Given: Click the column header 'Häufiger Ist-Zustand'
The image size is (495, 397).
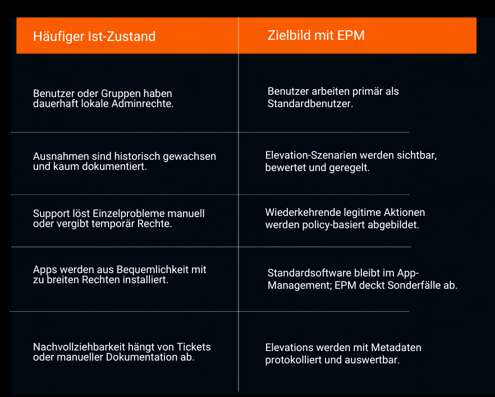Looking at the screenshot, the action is point(94,36).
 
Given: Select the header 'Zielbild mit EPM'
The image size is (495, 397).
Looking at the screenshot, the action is point(316,35).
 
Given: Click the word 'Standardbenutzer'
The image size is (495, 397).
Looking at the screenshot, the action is point(310,103).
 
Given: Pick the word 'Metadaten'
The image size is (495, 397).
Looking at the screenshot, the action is point(396,348).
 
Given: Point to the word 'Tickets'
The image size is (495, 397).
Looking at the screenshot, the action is point(194,347).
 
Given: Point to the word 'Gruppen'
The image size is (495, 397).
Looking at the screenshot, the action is point(121,94).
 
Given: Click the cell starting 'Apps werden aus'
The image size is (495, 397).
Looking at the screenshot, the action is point(120,274).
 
